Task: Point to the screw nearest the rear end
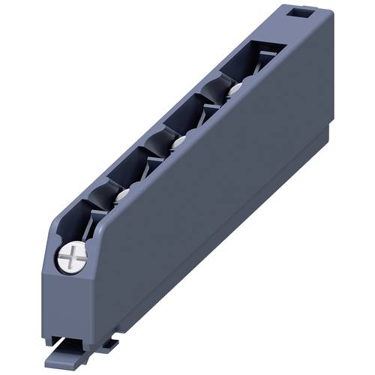tap(235, 88)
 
